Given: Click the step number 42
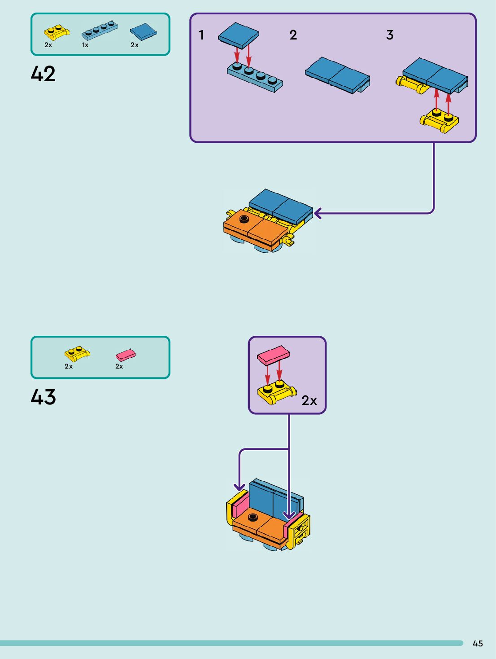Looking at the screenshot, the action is pyautogui.click(x=43, y=74).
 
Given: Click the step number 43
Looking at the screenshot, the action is pyautogui.click(x=43, y=397).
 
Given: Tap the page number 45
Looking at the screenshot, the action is pyautogui.click(x=478, y=643).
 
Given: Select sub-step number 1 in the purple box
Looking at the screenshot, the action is pyautogui.click(x=201, y=35).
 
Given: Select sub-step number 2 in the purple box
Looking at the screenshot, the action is pyautogui.click(x=293, y=35).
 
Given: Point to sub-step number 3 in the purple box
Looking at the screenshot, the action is pyautogui.click(x=390, y=35).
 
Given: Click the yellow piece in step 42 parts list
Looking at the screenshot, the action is pyautogui.click(x=57, y=32).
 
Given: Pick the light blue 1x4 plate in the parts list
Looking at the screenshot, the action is pyautogui.click(x=100, y=31).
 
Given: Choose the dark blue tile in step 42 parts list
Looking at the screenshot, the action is pyautogui.click(x=143, y=31).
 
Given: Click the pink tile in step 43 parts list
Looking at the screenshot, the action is pyautogui.click(x=126, y=355).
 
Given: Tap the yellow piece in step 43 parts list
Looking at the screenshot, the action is pyautogui.click(x=77, y=353).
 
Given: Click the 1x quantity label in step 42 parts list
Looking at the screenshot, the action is pyautogui.click(x=85, y=45).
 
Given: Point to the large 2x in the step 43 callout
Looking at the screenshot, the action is pyautogui.click(x=309, y=400).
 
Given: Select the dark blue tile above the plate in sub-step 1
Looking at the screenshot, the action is pyautogui.click(x=238, y=35).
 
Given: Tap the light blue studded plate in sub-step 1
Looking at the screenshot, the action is pyautogui.click(x=255, y=78).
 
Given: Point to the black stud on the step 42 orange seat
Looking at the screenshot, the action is pyautogui.click(x=244, y=219).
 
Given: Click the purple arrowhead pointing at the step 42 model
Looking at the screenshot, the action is pyautogui.click(x=318, y=213).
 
